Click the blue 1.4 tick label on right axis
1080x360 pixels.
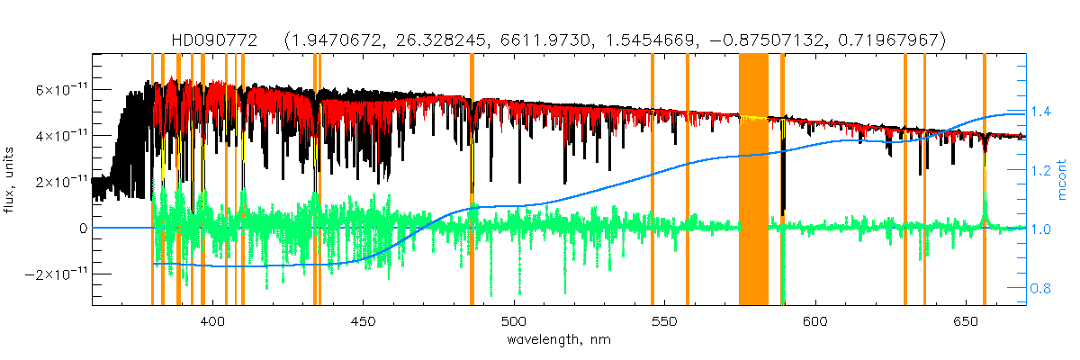pyautogui.click(x=1041, y=112)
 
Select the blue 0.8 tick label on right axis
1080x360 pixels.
pyautogui.click(x=1041, y=289)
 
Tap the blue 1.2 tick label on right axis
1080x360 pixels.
pyautogui.click(x=1041, y=170)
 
